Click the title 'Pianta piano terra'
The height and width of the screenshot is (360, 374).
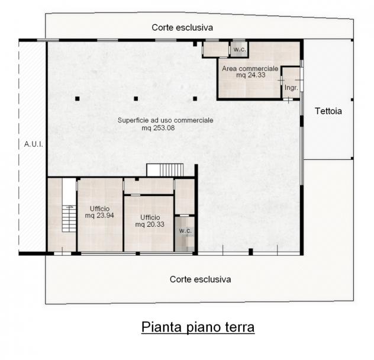[198, 327]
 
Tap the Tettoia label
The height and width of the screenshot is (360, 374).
[328, 111]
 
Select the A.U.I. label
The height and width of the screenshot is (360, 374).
[33, 144]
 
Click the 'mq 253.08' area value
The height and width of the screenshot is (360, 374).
[158, 128]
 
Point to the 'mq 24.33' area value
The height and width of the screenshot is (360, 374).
[251, 75]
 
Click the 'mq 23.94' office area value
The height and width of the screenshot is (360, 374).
[99, 216]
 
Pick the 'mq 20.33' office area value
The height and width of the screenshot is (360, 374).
[150, 224]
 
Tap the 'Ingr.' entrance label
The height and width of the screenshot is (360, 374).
[291, 88]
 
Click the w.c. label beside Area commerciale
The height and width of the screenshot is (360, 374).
[240, 50]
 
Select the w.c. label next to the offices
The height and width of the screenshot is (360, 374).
[185, 231]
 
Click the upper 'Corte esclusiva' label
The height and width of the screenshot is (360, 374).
[182, 27]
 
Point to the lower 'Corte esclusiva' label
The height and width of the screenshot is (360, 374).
[201, 279]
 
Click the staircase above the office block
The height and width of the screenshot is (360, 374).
[165, 170]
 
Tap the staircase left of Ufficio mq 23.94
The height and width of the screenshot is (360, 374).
[69, 218]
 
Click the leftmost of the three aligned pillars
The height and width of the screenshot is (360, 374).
[78, 99]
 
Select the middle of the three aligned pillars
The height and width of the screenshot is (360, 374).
[136, 99]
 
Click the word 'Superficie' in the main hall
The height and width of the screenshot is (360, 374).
[132, 120]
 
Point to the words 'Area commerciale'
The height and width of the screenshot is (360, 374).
[250, 69]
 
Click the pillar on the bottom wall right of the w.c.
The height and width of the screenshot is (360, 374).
[251, 252]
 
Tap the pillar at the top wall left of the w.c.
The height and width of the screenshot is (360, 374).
[195, 44]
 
